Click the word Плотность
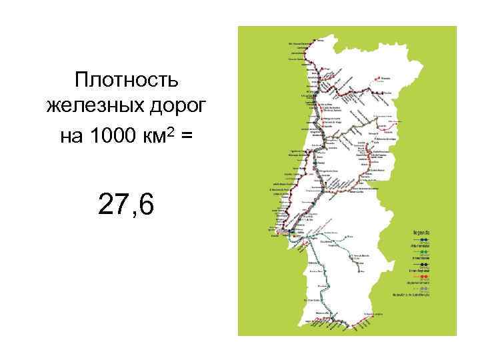tap(127, 81)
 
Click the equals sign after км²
tap(186, 135)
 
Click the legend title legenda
tap(421, 233)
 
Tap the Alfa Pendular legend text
tap(421, 245)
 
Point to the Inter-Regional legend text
tap(420, 270)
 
